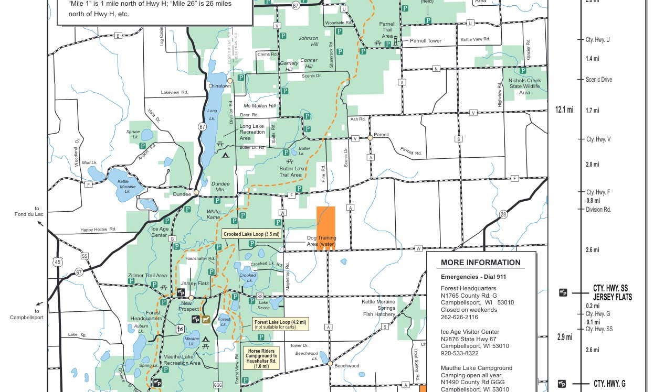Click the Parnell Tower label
tap(425, 41)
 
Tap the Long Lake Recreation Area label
tap(252, 132)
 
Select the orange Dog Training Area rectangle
tap(325, 227)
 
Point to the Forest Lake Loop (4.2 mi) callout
tap(280, 324)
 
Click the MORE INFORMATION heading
tap(480, 263)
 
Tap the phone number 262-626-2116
tap(459, 317)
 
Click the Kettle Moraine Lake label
tap(126, 187)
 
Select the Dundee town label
tap(182, 194)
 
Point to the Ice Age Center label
tap(160, 232)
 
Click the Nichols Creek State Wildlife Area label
tap(528, 86)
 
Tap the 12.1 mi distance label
tap(564, 110)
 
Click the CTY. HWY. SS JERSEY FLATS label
tap(612, 292)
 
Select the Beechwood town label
tap(346, 366)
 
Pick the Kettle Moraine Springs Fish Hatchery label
tap(378, 308)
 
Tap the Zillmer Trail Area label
tap(147, 276)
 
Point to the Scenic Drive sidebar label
tap(598, 80)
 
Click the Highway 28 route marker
tap(503, 214)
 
